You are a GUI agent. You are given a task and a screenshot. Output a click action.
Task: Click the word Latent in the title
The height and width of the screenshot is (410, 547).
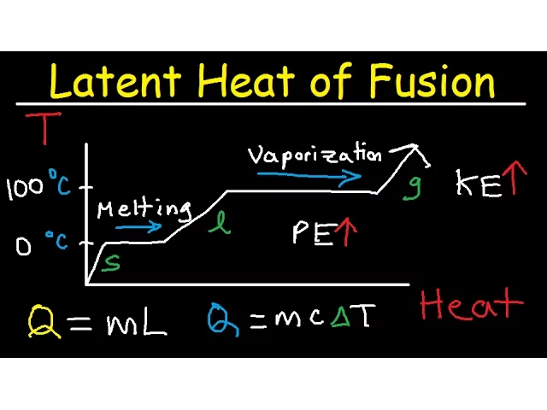tap(115, 82)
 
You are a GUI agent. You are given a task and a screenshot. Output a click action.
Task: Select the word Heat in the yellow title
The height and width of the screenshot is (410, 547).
tap(253, 82)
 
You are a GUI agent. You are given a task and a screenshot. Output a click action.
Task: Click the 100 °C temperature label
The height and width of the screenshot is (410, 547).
tap(38, 187)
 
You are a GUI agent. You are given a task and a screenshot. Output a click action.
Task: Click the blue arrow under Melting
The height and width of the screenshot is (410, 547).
tap(138, 227)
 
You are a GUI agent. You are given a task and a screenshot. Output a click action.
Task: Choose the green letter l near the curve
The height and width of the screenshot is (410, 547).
tap(221, 224)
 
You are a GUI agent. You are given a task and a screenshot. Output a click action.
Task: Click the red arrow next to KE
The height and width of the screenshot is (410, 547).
tap(512, 179)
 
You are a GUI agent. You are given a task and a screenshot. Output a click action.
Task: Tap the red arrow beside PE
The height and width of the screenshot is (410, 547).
tap(345, 232)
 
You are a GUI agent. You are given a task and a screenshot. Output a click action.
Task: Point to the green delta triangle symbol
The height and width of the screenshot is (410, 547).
tap(341, 318)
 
